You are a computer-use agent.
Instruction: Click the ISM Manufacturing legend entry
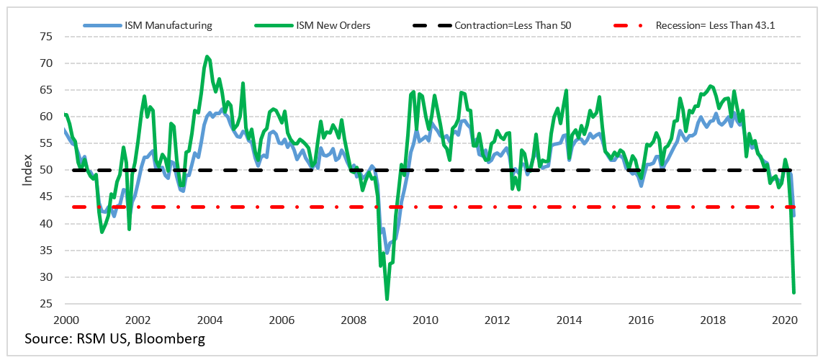pyautogui.click(x=166, y=25)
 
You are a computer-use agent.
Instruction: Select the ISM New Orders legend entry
pyautogui.click(x=333, y=25)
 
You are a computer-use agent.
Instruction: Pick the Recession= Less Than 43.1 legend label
pyautogui.click(x=719, y=25)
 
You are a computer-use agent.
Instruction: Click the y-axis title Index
pyautogui.click(x=27, y=170)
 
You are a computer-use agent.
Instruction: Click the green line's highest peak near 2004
pyautogui.click(x=207, y=56)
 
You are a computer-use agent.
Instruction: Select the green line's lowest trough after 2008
pyautogui.click(x=387, y=299)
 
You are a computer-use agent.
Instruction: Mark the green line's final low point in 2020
pyautogui.click(x=793, y=292)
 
